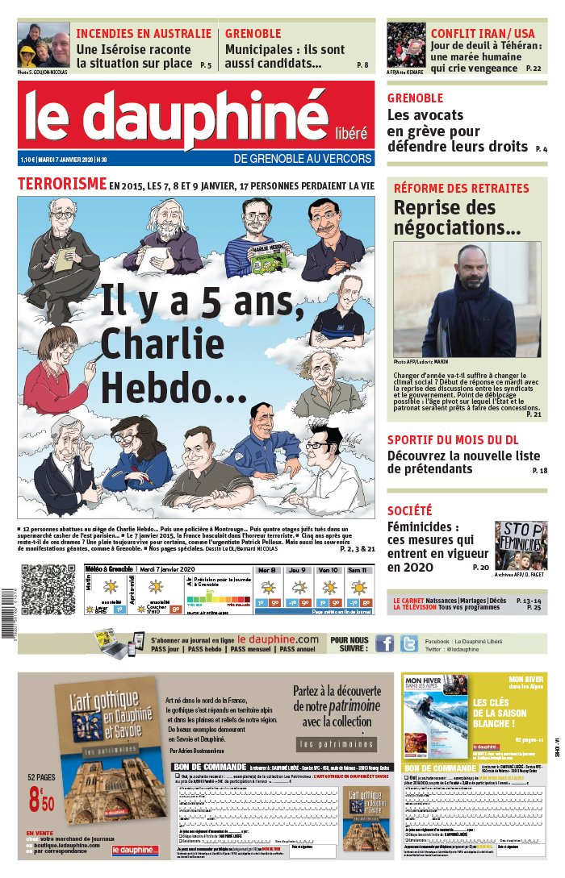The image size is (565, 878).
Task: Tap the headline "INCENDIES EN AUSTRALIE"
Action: (144, 34)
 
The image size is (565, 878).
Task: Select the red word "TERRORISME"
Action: (62, 184)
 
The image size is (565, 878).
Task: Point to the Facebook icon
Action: (385, 643)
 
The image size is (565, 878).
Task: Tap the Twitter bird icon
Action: (409, 643)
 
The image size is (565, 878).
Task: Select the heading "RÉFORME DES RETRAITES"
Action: (461, 189)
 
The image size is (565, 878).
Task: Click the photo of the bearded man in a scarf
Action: (467, 299)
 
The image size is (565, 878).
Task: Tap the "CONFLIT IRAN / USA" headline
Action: (485, 33)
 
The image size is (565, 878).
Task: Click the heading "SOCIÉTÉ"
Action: (409, 510)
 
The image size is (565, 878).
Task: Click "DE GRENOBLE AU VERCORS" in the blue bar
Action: (303, 159)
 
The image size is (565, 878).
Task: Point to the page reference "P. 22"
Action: (534, 69)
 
